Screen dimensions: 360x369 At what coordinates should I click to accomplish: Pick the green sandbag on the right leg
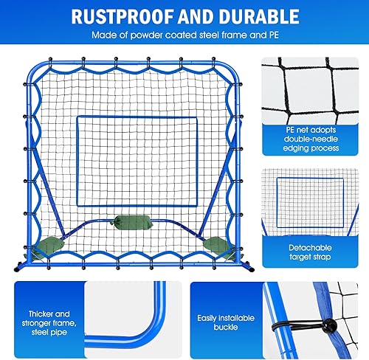click(215, 244)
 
